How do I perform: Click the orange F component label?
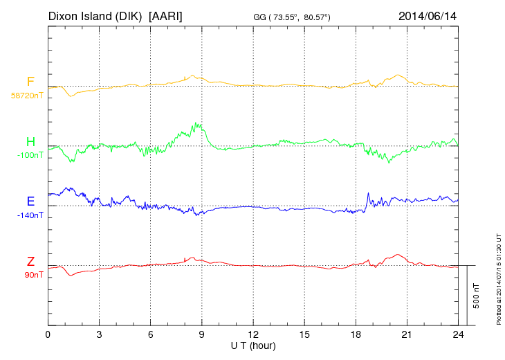[x=30, y=82]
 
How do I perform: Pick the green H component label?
[x=30, y=143]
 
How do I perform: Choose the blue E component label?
[x=30, y=201]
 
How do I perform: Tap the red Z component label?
[x=30, y=261]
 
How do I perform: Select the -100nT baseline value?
[x=30, y=156]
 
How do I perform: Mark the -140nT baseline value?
[x=30, y=215]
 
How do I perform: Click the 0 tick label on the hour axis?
[x=48, y=335]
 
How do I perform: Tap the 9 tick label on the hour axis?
[x=202, y=335]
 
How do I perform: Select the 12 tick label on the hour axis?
[x=253, y=335]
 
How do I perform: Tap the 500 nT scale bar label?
[x=477, y=296]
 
